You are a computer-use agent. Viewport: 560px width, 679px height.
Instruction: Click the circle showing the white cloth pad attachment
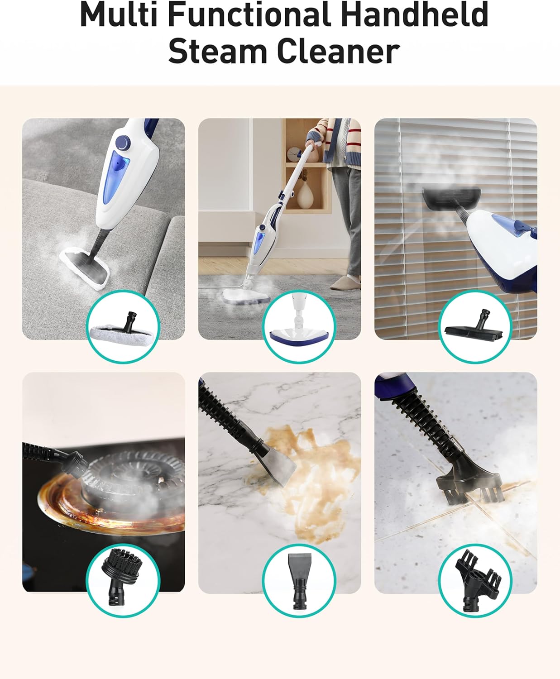123,326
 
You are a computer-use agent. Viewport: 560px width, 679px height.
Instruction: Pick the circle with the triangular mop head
299,326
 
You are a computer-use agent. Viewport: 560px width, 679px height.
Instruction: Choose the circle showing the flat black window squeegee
475,326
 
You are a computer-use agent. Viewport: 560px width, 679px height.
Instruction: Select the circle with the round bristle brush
123,580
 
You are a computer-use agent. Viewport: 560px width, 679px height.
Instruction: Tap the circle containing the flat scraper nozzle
299,580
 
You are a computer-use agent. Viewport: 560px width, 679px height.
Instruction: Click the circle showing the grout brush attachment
475,580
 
